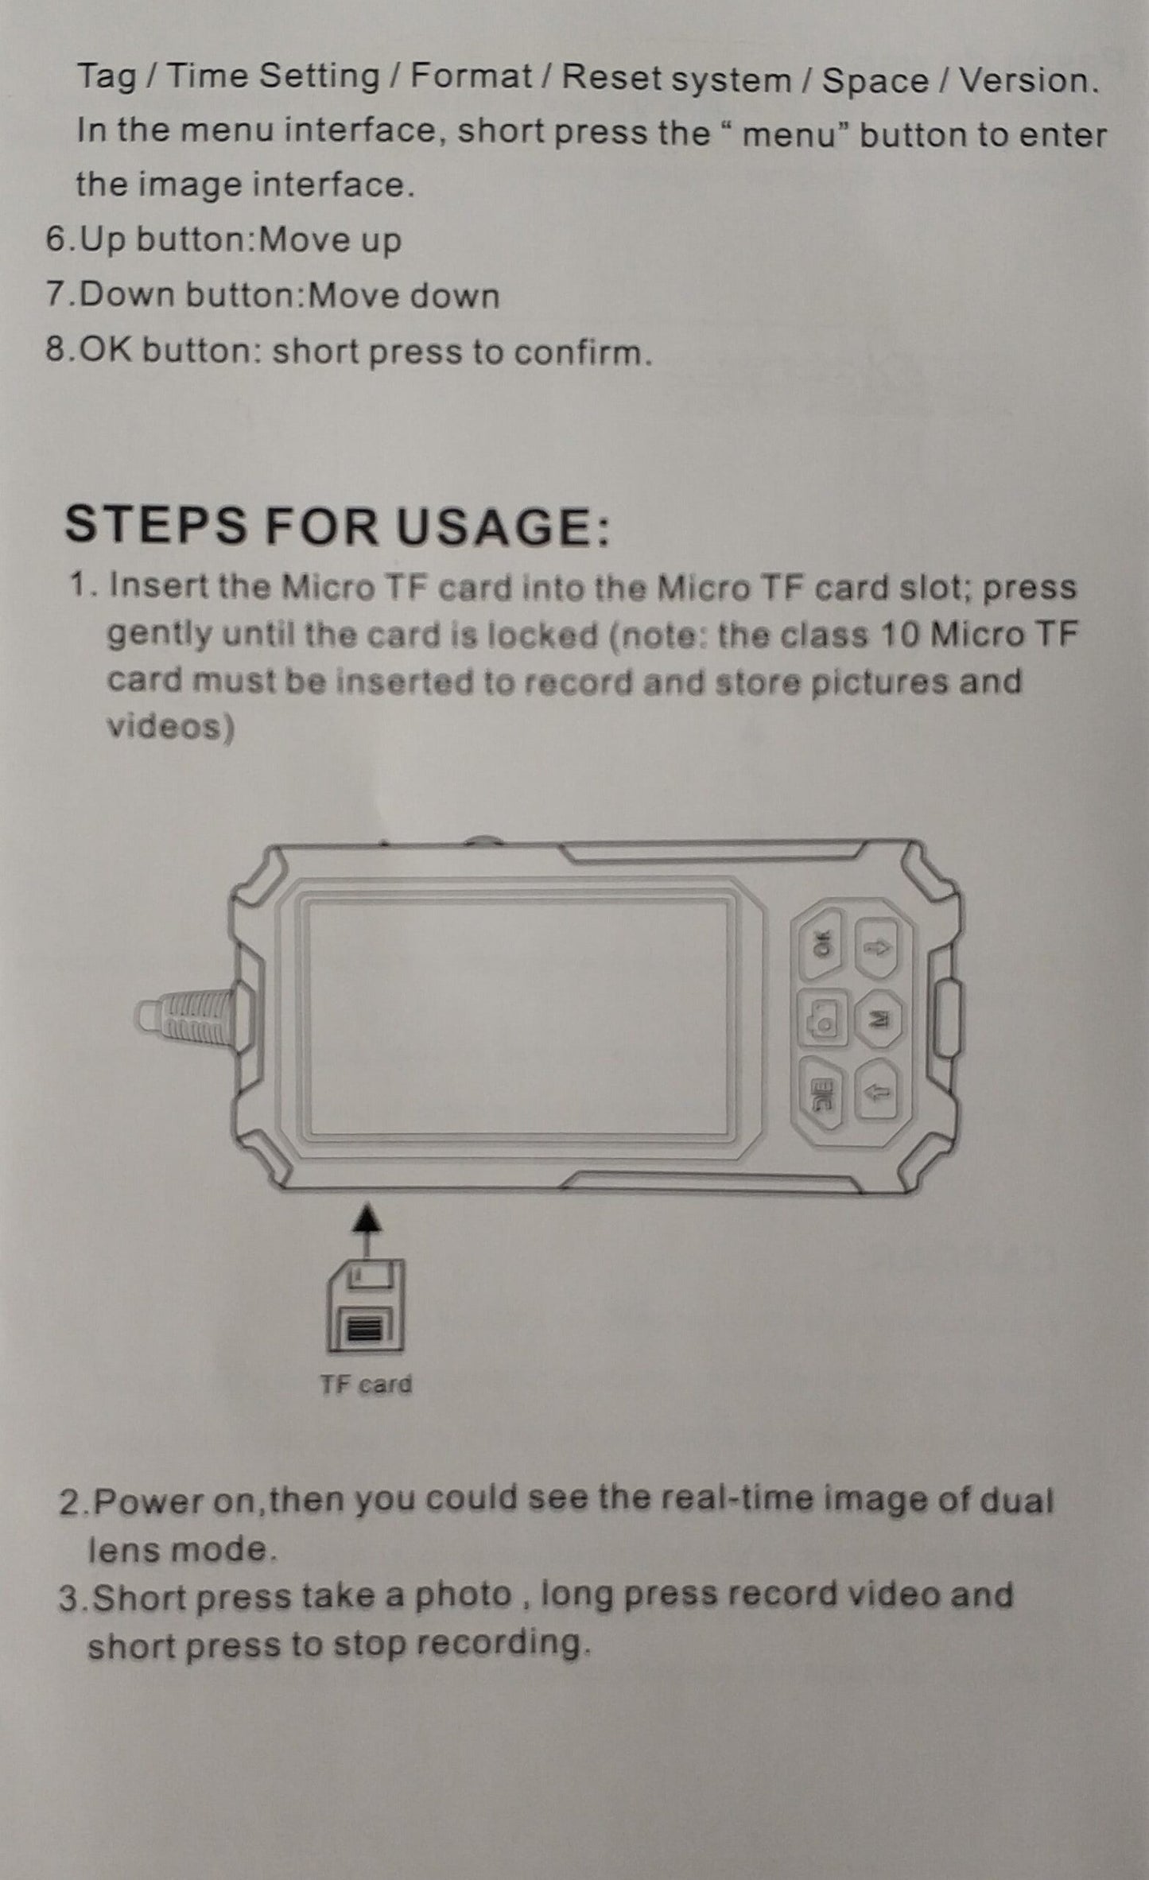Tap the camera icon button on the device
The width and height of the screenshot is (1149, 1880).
[x=821, y=1018]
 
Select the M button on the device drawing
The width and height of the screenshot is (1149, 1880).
[x=879, y=1019]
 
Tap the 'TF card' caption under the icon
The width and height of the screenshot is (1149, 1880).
[x=366, y=1385]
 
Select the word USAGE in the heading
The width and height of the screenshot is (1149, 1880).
[x=503, y=526]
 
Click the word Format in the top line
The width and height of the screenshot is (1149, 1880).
[x=471, y=76]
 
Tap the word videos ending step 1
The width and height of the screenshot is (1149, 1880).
[x=171, y=727]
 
